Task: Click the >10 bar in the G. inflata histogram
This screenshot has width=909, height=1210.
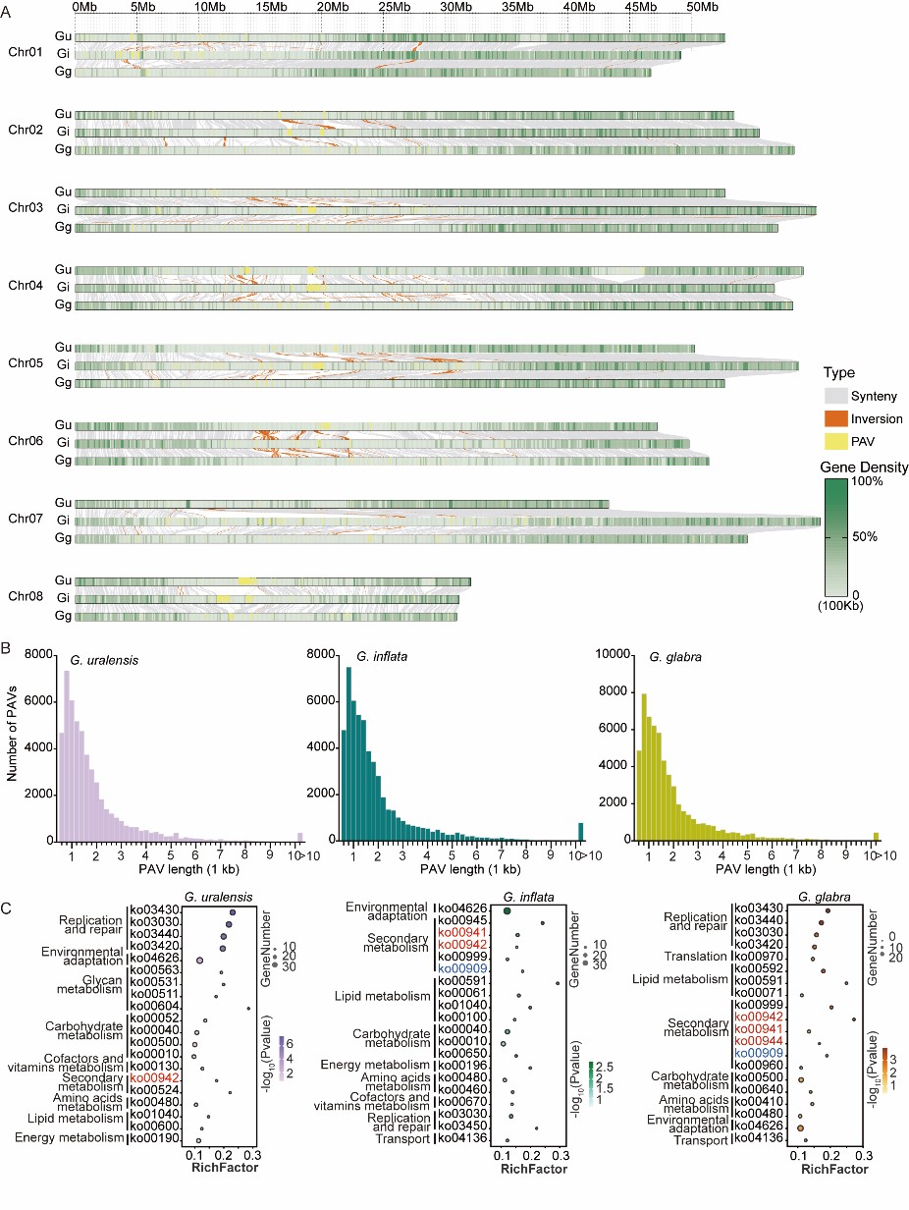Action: [x=580, y=832]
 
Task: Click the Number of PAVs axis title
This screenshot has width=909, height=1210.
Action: [x=13, y=745]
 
